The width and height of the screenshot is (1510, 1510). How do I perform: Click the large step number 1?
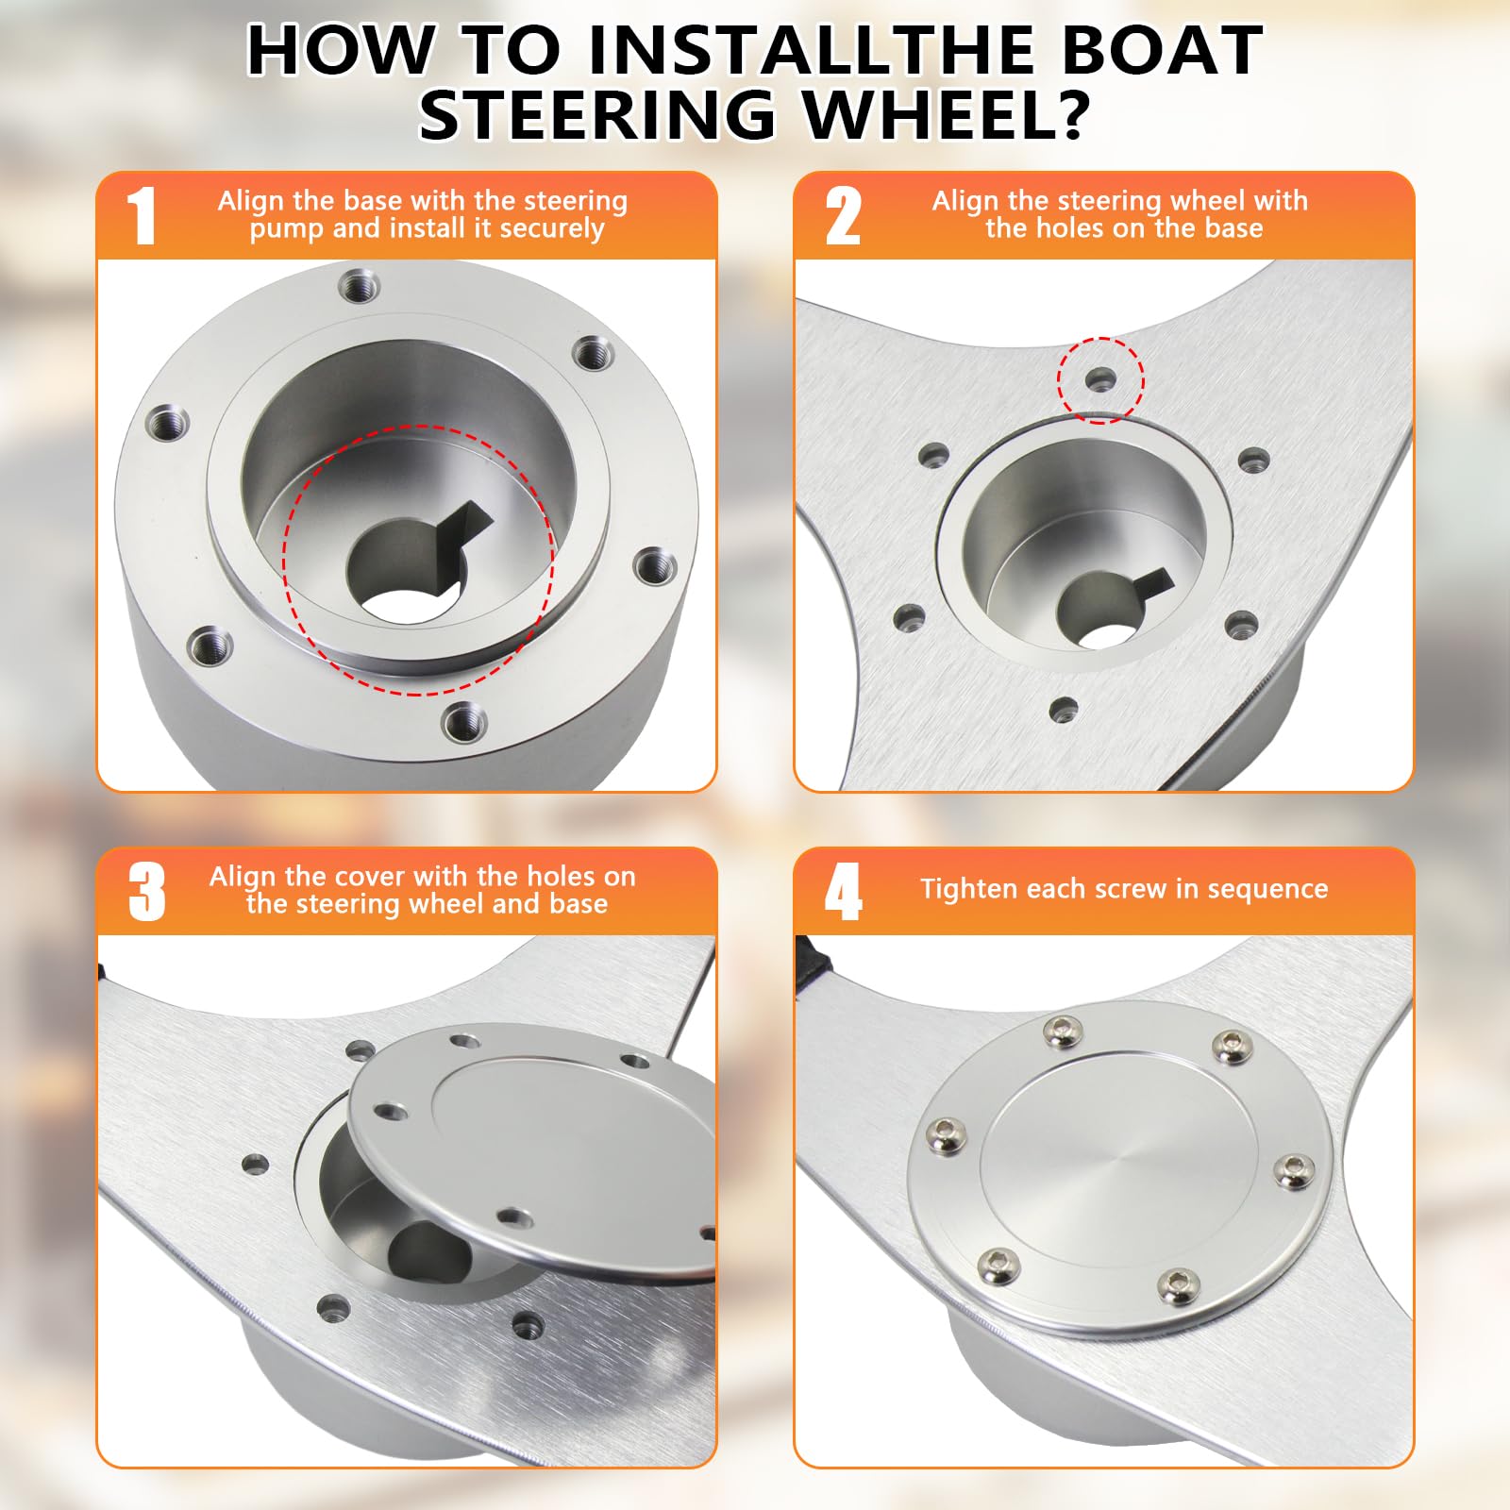(142, 216)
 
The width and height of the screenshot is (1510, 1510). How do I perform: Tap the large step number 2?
(843, 216)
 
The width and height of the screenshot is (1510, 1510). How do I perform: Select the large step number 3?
(146, 892)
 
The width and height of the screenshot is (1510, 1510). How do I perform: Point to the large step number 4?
(843, 892)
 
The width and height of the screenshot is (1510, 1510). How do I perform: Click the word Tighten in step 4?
(969, 889)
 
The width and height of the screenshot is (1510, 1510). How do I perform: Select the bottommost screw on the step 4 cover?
(1178, 1285)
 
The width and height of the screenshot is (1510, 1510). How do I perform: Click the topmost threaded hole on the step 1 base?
(360, 284)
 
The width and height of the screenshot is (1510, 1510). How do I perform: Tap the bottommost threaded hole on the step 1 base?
(464, 724)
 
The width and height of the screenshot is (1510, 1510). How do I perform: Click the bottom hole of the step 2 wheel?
(1064, 709)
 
